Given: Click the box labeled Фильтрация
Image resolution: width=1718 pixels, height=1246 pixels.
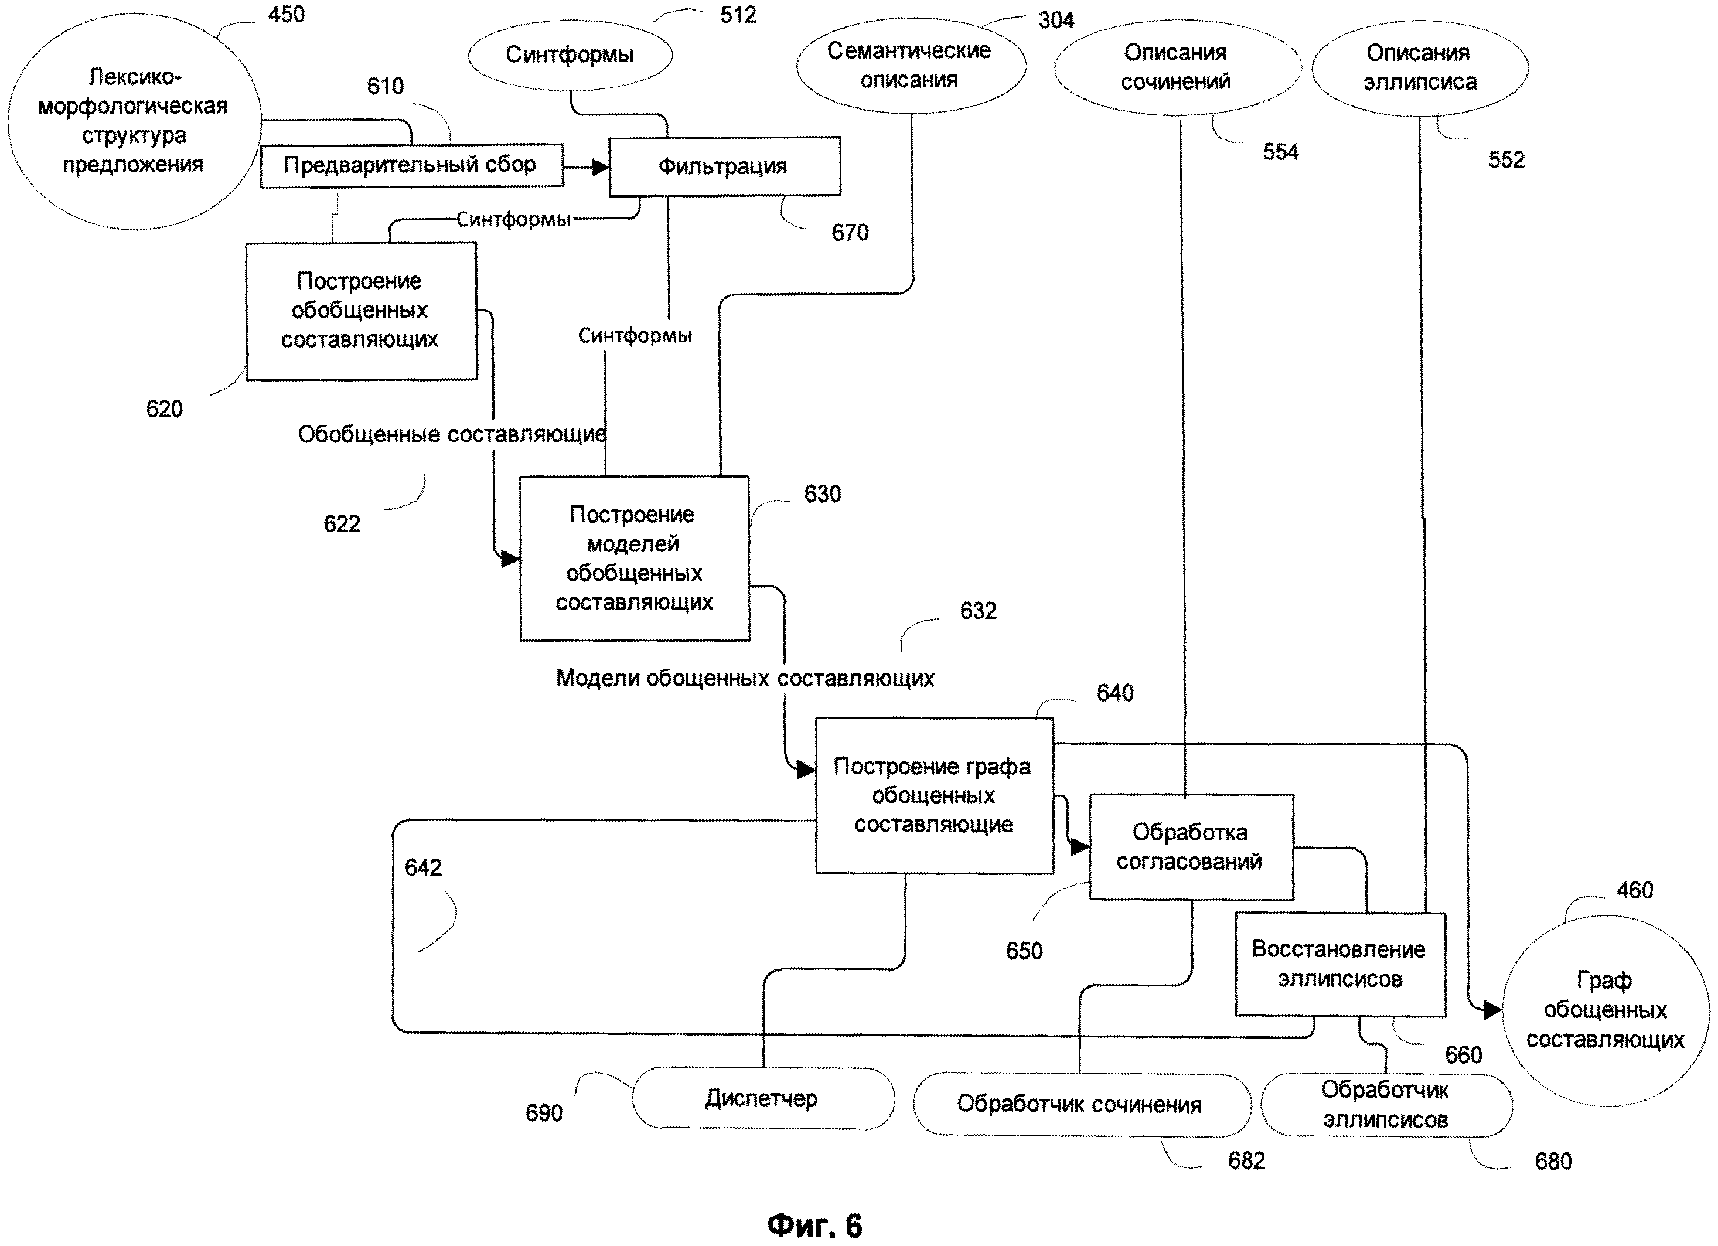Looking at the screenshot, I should click(x=724, y=166).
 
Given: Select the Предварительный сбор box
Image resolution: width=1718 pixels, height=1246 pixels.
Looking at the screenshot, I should click(x=411, y=165).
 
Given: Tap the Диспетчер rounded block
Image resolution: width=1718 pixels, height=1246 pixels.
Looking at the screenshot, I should click(x=763, y=1098).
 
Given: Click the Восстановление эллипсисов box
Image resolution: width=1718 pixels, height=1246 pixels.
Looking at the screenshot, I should click(x=1339, y=964).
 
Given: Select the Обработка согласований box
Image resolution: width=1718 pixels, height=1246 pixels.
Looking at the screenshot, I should click(x=1190, y=847).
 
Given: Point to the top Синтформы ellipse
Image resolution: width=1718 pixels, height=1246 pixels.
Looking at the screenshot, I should click(x=570, y=55).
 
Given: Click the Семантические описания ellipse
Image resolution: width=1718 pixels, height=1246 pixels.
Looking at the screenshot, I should click(x=910, y=65).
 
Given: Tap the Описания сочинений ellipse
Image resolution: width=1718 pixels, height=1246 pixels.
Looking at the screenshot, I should click(x=1177, y=67).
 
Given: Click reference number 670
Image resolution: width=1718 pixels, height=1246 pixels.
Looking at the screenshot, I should click(x=850, y=233).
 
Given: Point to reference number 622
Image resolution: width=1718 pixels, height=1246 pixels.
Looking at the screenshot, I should click(x=342, y=523).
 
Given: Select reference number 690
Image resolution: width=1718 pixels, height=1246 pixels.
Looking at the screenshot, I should click(x=544, y=1113).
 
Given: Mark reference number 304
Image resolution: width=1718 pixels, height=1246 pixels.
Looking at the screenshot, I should click(x=1056, y=21).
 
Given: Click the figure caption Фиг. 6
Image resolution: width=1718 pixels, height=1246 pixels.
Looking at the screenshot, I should click(x=814, y=1225).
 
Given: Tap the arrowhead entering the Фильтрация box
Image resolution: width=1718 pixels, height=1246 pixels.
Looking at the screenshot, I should click(x=601, y=168).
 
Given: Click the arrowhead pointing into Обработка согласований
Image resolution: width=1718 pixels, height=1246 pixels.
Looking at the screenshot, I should click(x=1079, y=847).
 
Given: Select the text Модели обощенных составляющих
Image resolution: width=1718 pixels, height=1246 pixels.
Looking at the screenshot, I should click(x=745, y=678).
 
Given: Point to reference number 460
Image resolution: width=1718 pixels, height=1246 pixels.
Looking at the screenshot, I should click(x=1635, y=890).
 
